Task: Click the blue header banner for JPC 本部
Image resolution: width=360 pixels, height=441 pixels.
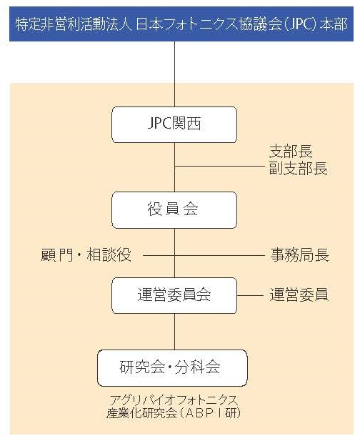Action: (x=181, y=24)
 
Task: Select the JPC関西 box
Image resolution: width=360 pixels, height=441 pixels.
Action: (x=174, y=124)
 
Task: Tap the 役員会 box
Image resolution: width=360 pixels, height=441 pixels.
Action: (x=174, y=210)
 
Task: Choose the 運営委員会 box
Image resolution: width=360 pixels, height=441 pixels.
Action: (x=174, y=295)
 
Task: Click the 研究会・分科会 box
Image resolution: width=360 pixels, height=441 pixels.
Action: (x=172, y=368)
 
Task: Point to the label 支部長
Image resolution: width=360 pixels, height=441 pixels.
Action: (x=291, y=152)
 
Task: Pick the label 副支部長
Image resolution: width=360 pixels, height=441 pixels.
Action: (x=299, y=169)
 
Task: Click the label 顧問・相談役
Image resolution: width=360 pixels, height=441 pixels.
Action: (x=86, y=255)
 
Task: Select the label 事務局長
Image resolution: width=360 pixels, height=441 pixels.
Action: (x=299, y=255)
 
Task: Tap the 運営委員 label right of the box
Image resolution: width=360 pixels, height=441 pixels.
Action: (x=299, y=294)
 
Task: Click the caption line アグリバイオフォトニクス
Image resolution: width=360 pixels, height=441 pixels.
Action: (x=174, y=400)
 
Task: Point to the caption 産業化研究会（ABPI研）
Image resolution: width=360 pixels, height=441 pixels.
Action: (x=174, y=413)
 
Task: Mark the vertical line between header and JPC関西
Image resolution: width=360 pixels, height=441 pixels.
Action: (x=174, y=74)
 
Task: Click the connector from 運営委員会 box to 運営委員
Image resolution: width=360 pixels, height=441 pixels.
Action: (x=250, y=296)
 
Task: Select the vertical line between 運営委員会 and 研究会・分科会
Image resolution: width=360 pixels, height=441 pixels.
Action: (x=174, y=332)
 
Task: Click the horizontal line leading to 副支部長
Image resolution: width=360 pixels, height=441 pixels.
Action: (x=219, y=167)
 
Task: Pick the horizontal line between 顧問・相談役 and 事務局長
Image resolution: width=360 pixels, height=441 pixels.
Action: (x=204, y=256)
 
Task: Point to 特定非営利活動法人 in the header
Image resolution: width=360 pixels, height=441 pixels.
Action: (x=74, y=24)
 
